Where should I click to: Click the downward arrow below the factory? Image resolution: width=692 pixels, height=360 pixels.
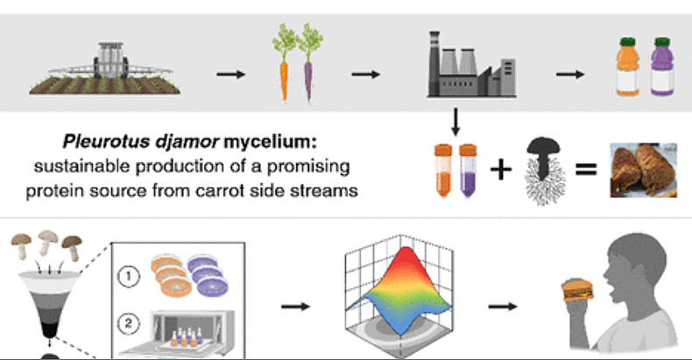tap(455, 120)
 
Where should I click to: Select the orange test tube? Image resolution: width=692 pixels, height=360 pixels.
tap(441, 170)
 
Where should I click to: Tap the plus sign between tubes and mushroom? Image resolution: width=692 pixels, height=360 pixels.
tap(499, 169)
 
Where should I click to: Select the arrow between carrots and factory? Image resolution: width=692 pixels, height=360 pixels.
tap(364, 72)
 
